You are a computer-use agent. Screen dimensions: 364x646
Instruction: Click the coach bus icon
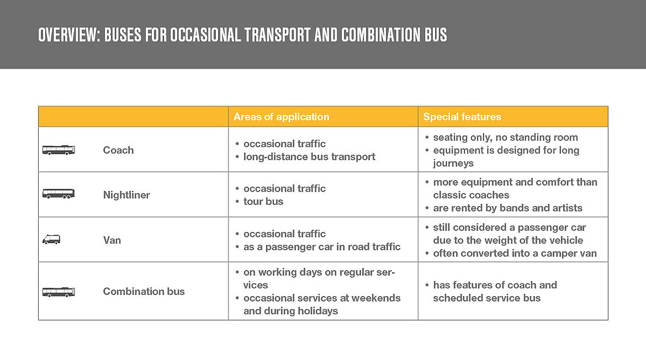[x=59, y=150]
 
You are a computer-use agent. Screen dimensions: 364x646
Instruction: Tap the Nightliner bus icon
[x=59, y=194]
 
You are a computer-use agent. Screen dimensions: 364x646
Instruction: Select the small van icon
[x=51, y=240]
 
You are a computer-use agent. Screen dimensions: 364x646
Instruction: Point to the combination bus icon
[x=59, y=292]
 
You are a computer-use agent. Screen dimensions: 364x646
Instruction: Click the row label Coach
[x=118, y=150]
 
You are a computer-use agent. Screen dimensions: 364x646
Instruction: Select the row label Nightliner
[x=126, y=194]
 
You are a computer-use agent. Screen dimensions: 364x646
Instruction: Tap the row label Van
[x=112, y=240]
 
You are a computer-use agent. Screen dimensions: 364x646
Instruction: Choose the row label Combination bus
[x=144, y=291]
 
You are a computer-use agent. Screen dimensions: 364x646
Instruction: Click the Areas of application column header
[x=281, y=117]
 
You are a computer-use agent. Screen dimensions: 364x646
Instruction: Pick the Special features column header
[x=462, y=117]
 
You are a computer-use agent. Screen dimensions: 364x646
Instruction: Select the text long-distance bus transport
[x=309, y=156]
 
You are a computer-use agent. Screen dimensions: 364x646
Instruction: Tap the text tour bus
[x=263, y=202]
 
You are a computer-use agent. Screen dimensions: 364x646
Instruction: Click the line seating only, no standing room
[x=505, y=137]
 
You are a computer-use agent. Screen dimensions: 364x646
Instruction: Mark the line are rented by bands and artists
[x=507, y=208]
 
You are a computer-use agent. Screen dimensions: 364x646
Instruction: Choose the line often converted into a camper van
[x=515, y=253]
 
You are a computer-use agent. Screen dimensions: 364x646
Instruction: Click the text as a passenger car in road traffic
[x=322, y=246]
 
